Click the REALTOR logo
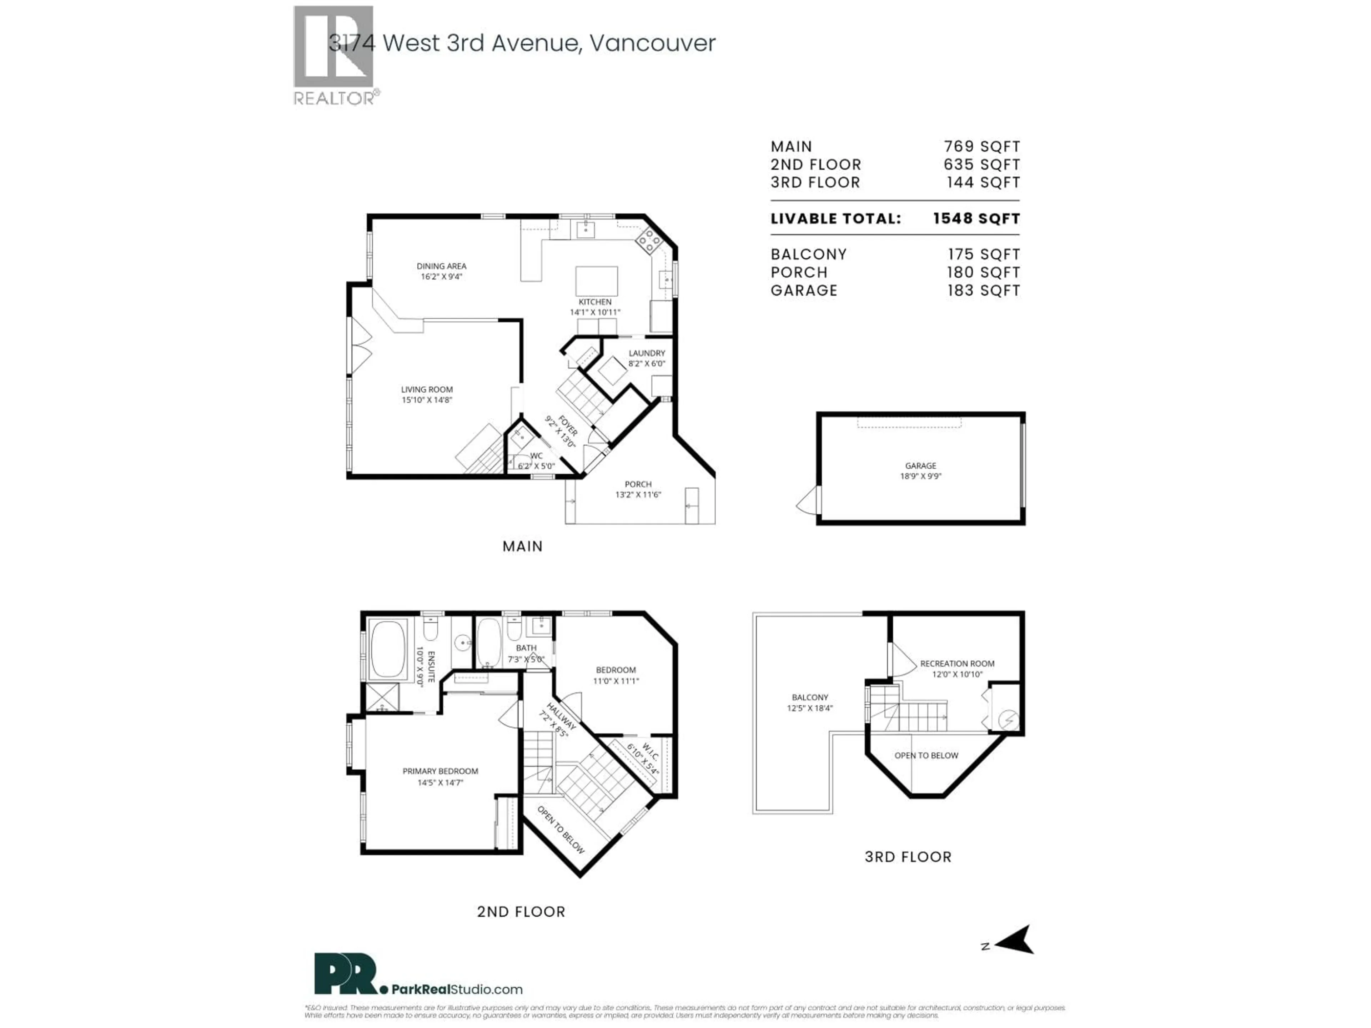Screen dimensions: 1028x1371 [333, 55]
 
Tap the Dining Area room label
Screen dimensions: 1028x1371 [441, 271]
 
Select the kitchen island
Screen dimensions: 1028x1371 [596, 281]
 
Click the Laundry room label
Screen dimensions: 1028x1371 [647, 358]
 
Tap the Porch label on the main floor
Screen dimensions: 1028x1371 [638, 489]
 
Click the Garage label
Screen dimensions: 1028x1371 [920, 470]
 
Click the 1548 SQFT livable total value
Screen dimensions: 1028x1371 [976, 219]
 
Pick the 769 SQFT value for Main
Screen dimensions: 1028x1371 [981, 147]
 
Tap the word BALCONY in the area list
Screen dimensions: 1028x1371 [808, 255]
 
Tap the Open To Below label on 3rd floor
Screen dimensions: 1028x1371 [926, 755]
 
